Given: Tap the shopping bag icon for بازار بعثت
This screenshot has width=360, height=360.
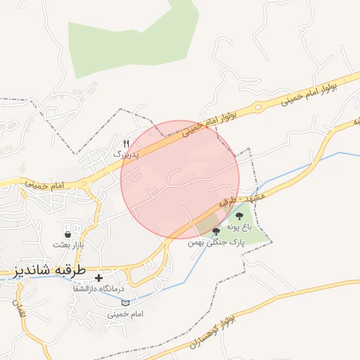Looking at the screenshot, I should pyautogui.click(x=67, y=235).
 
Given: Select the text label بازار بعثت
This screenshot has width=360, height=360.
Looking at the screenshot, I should pyautogui.click(x=67, y=245).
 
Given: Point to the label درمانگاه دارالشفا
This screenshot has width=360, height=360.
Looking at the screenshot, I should pyautogui.click(x=98, y=288).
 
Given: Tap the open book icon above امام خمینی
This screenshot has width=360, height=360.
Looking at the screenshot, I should pyautogui.click(x=125, y=303).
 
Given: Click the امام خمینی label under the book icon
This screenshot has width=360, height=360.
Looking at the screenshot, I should pyautogui.click(x=125, y=314).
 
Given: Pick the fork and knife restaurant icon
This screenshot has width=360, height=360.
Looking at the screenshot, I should pyautogui.click(x=127, y=143).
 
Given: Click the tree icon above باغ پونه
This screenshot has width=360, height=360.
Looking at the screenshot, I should pyautogui.click(x=239, y=216).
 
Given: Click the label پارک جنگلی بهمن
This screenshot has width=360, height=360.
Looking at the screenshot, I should pyautogui.click(x=214, y=241).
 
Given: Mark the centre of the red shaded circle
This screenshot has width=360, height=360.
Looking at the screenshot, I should pyautogui.click(x=180, y=180).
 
